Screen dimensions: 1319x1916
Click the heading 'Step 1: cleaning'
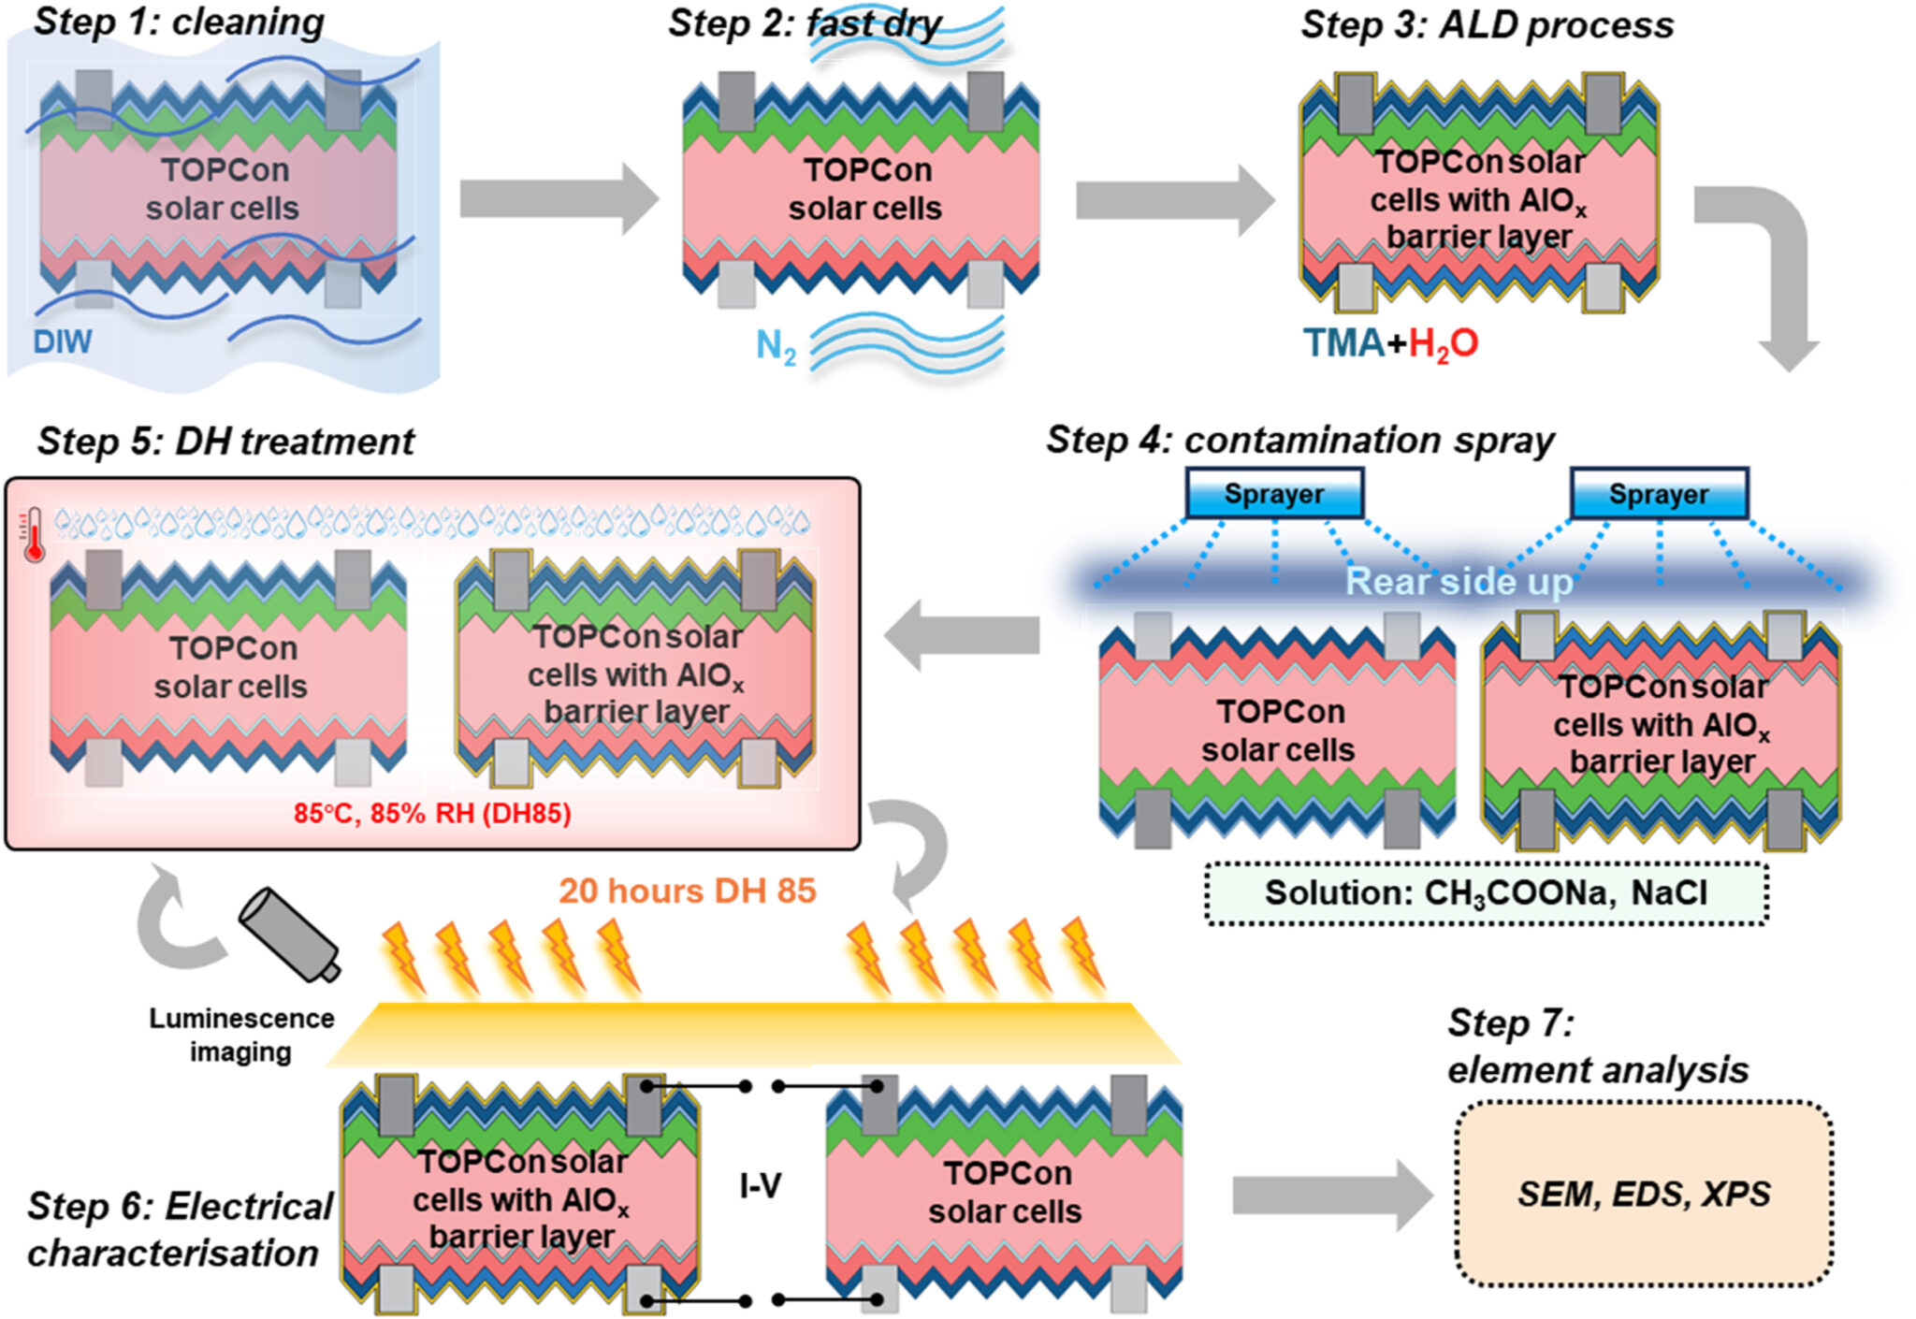179,22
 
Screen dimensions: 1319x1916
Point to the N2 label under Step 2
776,347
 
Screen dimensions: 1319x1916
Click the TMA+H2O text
1390,343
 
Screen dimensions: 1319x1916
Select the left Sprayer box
1274,494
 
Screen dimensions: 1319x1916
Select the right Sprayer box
1658,494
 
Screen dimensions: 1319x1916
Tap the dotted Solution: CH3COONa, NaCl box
1486,893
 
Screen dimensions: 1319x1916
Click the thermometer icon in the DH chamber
34,534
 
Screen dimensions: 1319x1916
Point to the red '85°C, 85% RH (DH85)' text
432,813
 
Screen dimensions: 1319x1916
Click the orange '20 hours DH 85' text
688,891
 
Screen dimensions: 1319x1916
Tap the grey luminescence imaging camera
288,934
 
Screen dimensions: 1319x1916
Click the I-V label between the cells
760,1186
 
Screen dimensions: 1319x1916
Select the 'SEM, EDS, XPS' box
1643,1195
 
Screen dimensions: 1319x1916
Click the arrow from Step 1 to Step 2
559,198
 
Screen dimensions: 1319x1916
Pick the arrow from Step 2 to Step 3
1174,200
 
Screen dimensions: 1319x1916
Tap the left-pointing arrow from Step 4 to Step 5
963,635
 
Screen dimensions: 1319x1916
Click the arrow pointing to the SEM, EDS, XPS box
1331,1196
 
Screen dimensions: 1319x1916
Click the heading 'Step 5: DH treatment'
225,442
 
